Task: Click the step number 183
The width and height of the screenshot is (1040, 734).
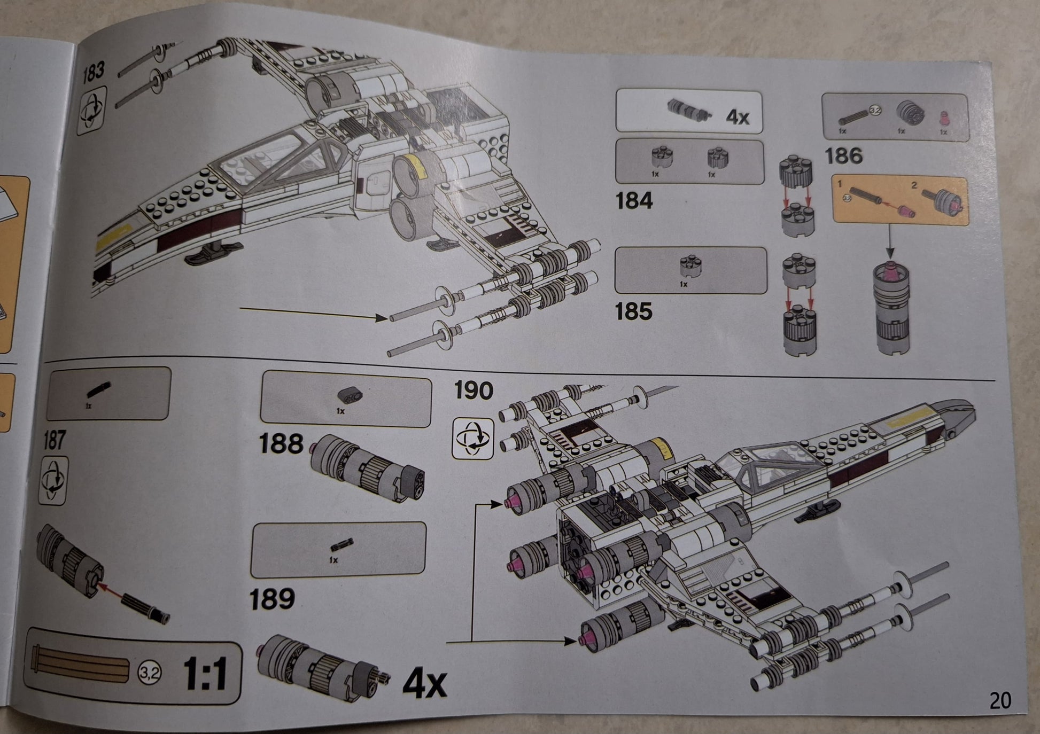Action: pyautogui.click(x=94, y=72)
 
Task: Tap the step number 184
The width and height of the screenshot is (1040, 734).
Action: pyautogui.click(x=634, y=201)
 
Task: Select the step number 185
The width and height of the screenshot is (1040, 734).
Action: pyautogui.click(x=634, y=311)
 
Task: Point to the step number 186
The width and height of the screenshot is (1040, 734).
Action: pyautogui.click(x=844, y=157)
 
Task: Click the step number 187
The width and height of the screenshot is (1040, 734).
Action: pyautogui.click(x=55, y=441)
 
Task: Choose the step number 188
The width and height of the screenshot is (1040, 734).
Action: pyautogui.click(x=281, y=444)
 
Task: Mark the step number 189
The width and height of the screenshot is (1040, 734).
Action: pyautogui.click(x=273, y=599)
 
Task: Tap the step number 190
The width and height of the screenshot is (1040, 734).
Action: pyautogui.click(x=473, y=391)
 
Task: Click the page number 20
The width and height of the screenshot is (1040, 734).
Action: pyautogui.click(x=1000, y=700)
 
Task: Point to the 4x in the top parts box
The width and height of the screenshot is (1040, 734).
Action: pyautogui.click(x=738, y=116)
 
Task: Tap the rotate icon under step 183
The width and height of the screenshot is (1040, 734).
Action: pyautogui.click(x=92, y=111)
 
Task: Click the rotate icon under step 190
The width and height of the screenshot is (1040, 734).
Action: pyautogui.click(x=472, y=439)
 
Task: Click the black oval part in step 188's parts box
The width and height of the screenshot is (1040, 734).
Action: pyautogui.click(x=351, y=395)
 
